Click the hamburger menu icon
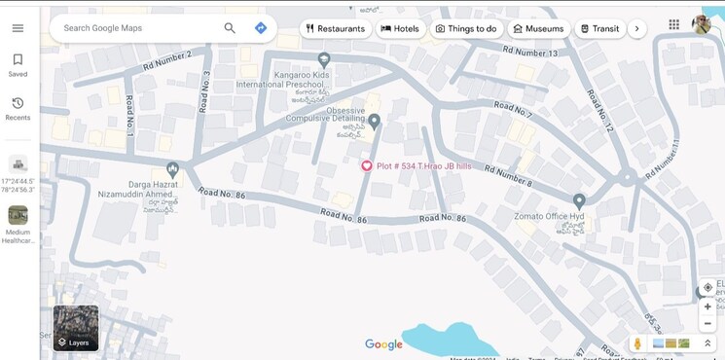tap(18, 28)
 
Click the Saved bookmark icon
tap(18, 59)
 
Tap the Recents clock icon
tap(18, 103)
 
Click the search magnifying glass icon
tap(230, 28)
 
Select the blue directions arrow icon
tap(261, 28)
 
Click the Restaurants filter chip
tap(336, 29)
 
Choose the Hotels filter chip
tap(400, 29)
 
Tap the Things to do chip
tap(466, 29)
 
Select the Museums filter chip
tap(538, 29)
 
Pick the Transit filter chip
tap(599, 29)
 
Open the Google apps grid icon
tap(674, 25)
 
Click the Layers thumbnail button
tap(75, 327)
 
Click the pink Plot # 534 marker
tap(367, 165)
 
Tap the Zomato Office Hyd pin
tap(579, 201)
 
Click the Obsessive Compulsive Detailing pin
tap(374, 121)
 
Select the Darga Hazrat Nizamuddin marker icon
tap(172, 169)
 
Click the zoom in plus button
tap(707, 306)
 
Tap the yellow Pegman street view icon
tap(637, 343)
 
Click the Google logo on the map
tap(383, 344)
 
